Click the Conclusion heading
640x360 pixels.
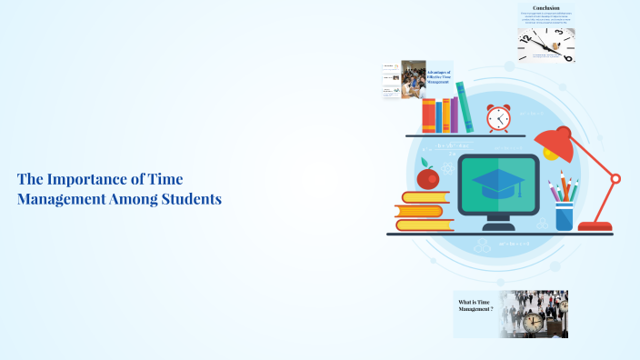(546, 7)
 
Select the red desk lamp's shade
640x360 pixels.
(555, 142)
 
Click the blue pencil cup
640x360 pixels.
(565, 215)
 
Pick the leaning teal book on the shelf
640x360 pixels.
(465, 107)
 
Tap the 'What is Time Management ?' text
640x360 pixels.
(476, 305)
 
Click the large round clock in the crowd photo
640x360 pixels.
(534, 321)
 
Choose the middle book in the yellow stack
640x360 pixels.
(422, 211)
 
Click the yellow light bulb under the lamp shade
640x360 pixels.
(551, 155)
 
